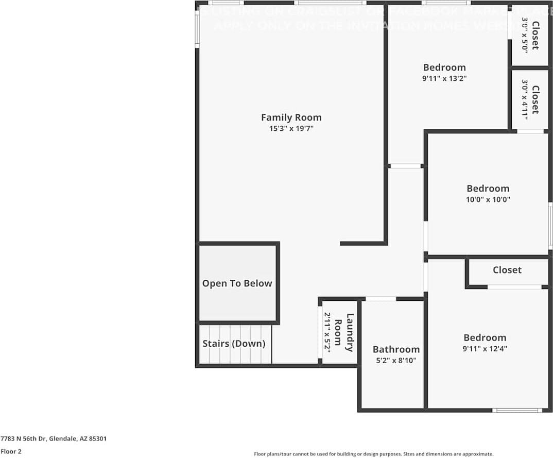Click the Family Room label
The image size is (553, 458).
[x=291, y=117]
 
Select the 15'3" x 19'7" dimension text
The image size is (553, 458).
[x=291, y=129]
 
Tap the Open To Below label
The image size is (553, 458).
[x=237, y=283]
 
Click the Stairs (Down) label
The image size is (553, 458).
[x=234, y=344]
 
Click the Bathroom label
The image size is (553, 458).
[x=396, y=349]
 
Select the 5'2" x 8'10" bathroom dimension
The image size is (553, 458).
[x=396, y=361]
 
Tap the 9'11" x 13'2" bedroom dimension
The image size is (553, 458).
[x=444, y=79]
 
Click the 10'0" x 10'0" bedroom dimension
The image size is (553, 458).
[x=488, y=200]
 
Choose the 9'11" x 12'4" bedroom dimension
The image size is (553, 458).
[x=485, y=349]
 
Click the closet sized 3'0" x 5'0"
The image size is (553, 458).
[x=530, y=36]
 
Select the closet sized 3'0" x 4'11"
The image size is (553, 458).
[x=530, y=99]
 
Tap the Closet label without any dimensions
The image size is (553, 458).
[x=507, y=270]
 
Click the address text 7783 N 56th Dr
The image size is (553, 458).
[x=54, y=439]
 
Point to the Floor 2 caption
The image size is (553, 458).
[x=11, y=451]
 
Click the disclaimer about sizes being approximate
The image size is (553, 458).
[x=373, y=454]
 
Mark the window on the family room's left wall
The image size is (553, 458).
[x=197, y=29]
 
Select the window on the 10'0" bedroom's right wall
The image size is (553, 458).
[x=550, y=219]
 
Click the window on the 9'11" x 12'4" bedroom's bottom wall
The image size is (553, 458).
[x=517, y=410]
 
